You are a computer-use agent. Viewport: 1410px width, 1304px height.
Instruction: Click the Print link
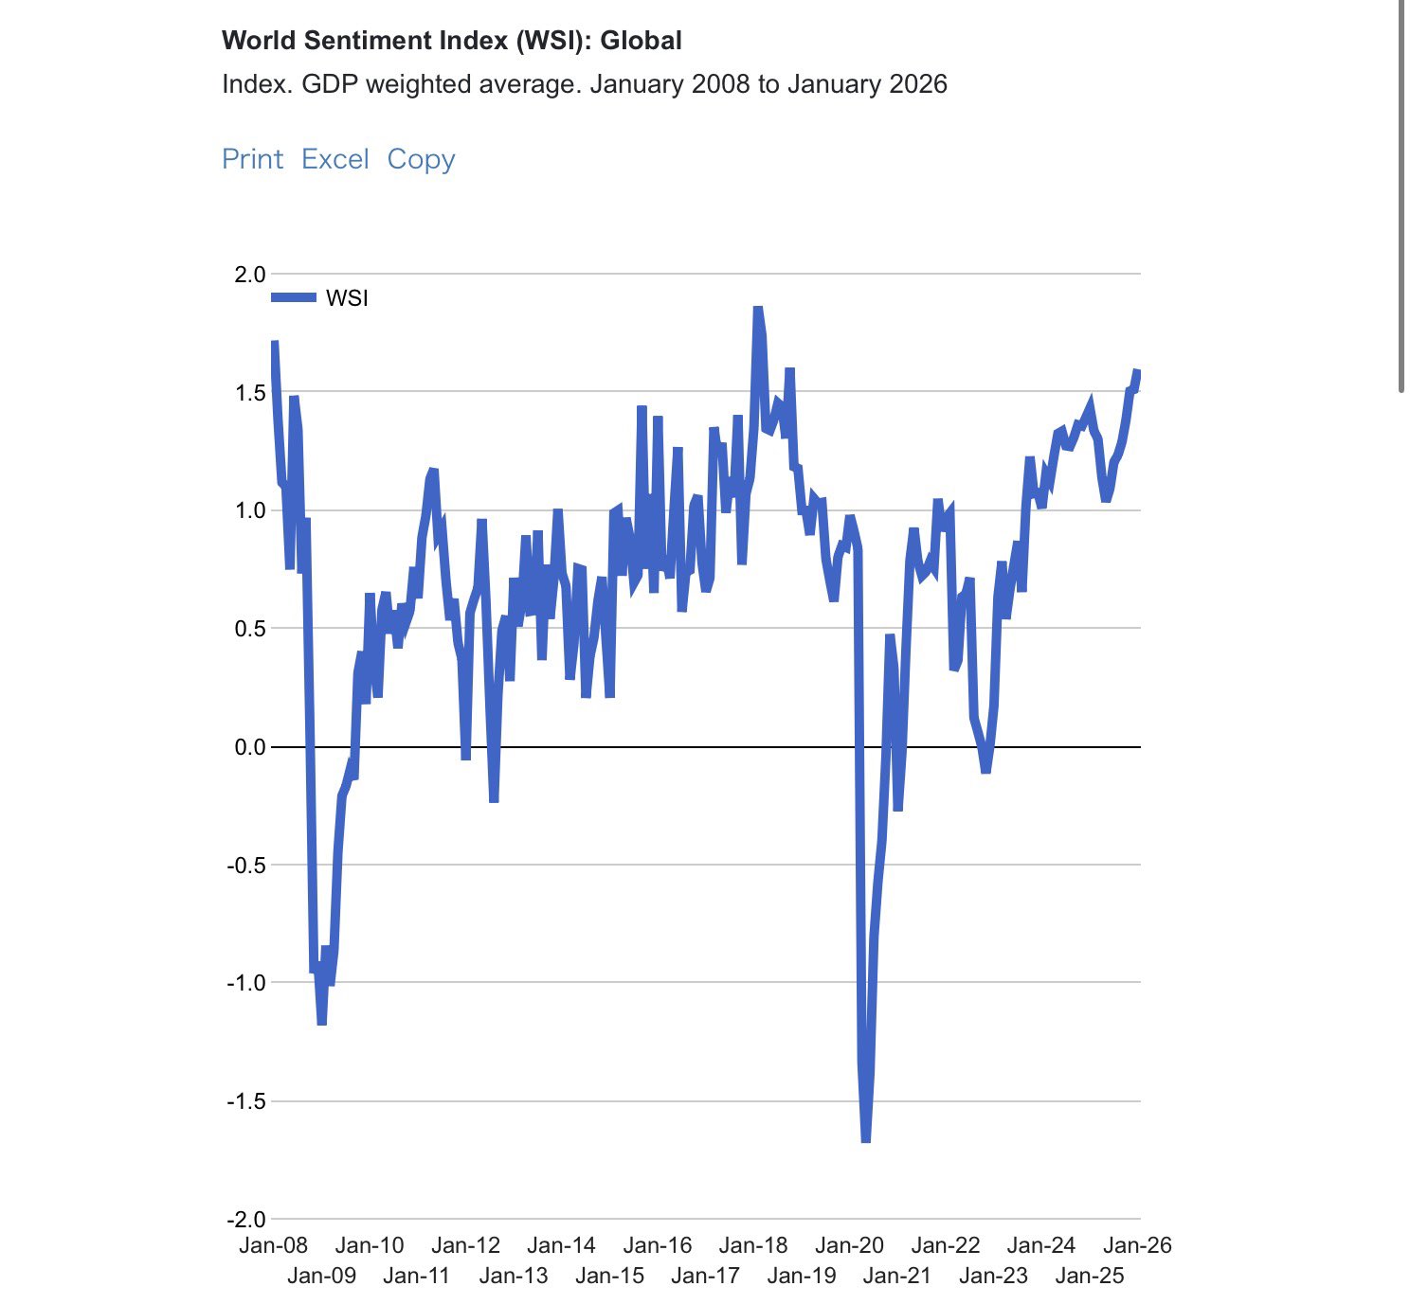pyautogui.click(x=252, y=159)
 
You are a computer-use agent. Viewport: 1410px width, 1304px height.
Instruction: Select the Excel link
pyautogui.click(x=334, y=159)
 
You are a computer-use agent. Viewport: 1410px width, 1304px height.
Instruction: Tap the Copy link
pyautogui.click(x=421, y=159)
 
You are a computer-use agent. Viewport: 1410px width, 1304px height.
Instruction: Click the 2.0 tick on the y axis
pyautogui.click(x=250, y=275)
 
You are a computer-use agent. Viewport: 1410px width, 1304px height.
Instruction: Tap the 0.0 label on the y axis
pyautogui.click(x=250, y=747)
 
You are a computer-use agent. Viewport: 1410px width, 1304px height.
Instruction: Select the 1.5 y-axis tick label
pyautogui.click(x=250, y=392)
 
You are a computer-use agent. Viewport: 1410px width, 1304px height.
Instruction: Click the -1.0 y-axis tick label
pyautogui.click(x=246, y=983)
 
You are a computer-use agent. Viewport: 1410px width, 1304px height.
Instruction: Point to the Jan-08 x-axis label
pyautogui.click(x=273, y=1245)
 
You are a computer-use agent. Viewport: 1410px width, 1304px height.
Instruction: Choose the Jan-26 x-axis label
pyautogui.click(x=1138, y=1245)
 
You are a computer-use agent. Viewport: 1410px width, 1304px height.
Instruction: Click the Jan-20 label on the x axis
pyautogui.click(x=849, y=1245)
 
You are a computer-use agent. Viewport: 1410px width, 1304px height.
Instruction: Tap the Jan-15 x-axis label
pyautogui.click(x=609, y=1276)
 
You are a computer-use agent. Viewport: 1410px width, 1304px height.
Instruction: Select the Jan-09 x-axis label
pyautogui.click(x=321, y=1276)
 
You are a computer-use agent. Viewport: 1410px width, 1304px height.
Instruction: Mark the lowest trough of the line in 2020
pyautogui.click(x=865, y=1140)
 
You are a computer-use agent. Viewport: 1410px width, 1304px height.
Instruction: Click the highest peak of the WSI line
pyautogui.click(x=757, y=309)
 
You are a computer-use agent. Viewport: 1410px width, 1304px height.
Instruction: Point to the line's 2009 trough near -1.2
pyautogui.click(x=322, y=1023)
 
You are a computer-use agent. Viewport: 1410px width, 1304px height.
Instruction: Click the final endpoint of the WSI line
pyautogui.click(x=1137, y=371)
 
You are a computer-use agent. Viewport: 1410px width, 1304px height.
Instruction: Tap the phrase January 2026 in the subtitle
pyautogui.click(x=867, y=84)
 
